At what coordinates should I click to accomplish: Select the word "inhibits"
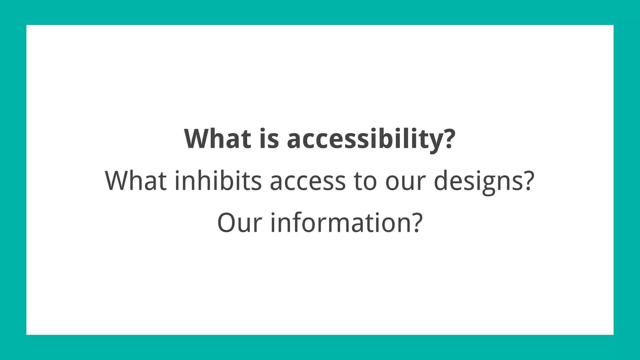point(218,181)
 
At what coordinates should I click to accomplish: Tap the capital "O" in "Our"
point(228,223)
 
